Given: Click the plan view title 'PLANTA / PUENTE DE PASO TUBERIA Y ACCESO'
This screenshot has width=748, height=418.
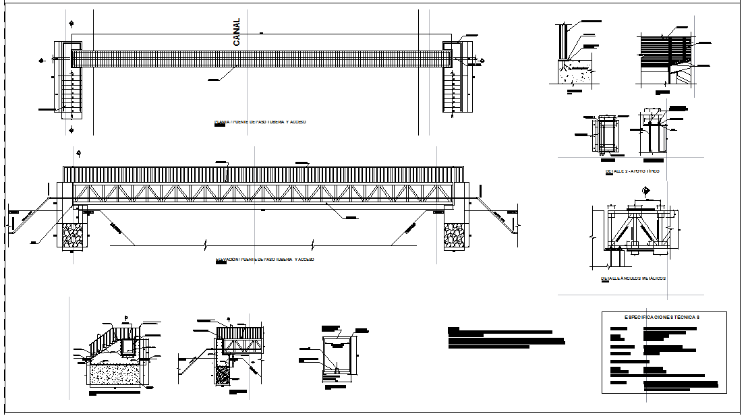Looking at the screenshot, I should pos(260,122).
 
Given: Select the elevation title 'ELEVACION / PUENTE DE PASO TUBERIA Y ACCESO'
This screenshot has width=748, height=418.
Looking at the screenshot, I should pos(264,260).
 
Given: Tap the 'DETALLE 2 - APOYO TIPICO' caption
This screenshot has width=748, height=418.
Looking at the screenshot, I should pos(632,171).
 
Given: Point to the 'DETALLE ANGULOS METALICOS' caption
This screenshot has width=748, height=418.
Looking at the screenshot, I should pos(633,278).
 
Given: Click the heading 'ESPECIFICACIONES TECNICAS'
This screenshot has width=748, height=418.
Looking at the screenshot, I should pos(663,316).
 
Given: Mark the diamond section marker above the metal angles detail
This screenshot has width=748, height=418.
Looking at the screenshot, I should pos(645,191).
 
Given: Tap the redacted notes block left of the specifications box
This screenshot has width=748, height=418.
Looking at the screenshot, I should pos(506,338).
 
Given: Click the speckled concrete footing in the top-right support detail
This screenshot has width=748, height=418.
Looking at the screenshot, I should pos(573,69).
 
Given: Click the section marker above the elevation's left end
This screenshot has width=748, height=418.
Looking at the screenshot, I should pos(79,154).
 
